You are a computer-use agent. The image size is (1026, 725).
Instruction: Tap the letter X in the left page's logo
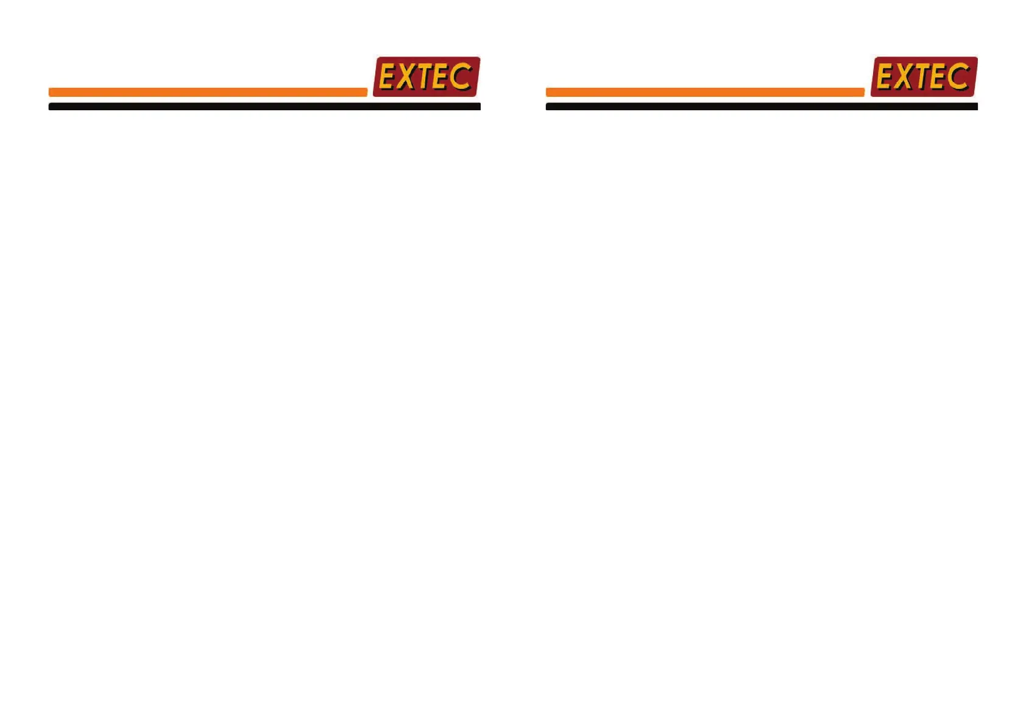(406, 77)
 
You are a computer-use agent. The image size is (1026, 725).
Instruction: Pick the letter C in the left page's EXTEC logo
(461, 76)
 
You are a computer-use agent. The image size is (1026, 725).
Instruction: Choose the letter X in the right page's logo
(903, 77)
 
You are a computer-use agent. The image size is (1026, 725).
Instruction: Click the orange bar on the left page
(208, 92)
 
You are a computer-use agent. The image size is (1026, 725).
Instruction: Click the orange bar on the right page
(705, 92)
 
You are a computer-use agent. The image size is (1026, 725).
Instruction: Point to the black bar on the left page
(264, 107)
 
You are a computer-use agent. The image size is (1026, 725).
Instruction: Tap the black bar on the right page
(762, 107)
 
